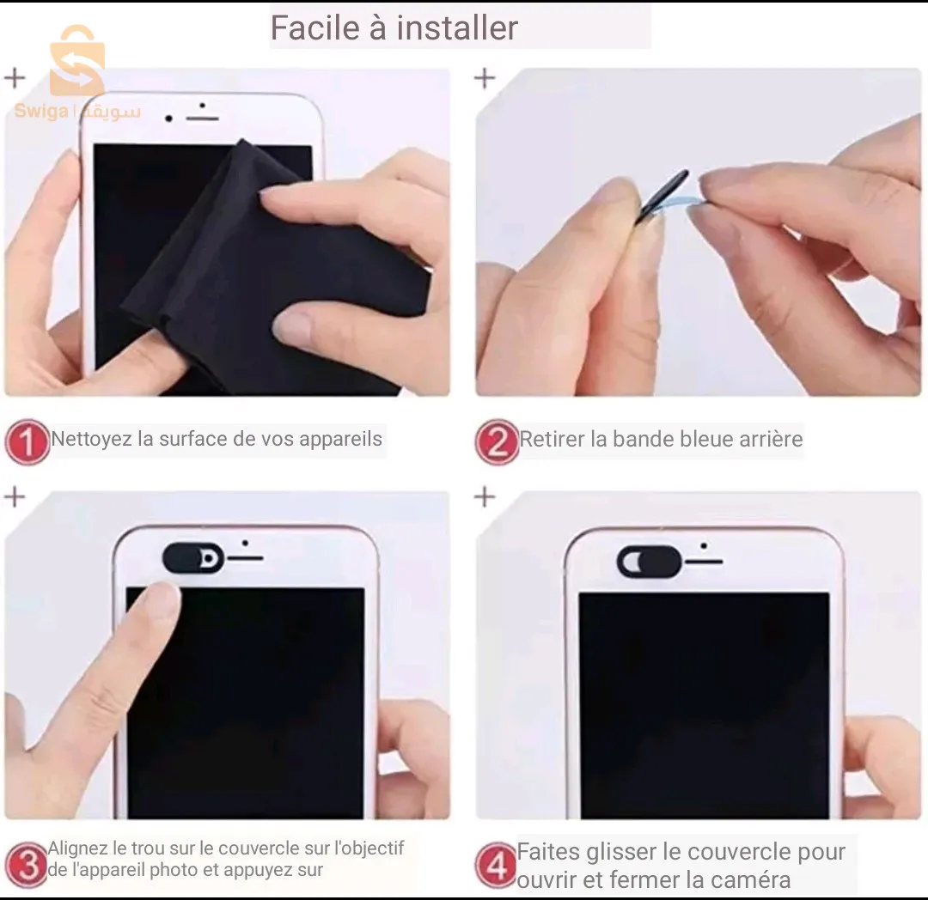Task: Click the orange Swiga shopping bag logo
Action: pyautogui.click(x=76, y=62)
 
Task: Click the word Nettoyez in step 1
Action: pyautogui.click(x=91, y=440)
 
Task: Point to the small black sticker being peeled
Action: pyautogui.click(x=663, y=196)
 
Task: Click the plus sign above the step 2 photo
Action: pyautogui.click(x=485, y=78)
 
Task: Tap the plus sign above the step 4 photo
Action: pyautogui.click(x=485, y=496)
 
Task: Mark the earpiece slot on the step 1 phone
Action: pyautogui.click(x=203, y=115)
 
